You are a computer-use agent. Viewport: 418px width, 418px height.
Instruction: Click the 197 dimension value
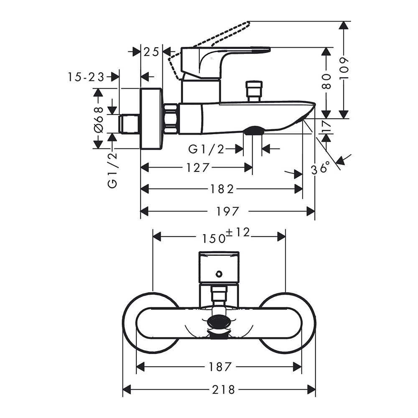[228, 212]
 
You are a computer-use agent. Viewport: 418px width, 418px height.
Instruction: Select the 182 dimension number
[222, 189]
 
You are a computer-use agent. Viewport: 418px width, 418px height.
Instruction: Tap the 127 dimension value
[198, 168]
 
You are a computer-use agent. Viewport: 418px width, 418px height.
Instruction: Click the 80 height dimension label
[326, 81]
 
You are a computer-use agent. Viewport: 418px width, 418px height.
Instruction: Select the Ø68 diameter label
[98, 119]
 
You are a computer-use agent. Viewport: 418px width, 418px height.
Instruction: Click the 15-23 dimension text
[86, 77]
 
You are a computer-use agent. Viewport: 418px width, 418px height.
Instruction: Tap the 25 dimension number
[152, 52]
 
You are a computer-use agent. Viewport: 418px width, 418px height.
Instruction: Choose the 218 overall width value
[223, 390]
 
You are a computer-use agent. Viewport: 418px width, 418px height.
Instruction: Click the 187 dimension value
[220, 367]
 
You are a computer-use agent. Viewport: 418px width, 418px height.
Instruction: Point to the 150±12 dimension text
[225, 236]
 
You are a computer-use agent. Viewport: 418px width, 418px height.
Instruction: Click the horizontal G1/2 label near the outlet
[206, 148]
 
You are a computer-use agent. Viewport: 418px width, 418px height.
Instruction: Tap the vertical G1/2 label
[112, 170]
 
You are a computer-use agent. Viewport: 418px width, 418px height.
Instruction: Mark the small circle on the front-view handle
[218, 274]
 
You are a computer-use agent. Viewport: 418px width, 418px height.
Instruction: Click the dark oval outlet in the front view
[219, 322]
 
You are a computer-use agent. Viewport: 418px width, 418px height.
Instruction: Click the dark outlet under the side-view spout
[253, 131]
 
